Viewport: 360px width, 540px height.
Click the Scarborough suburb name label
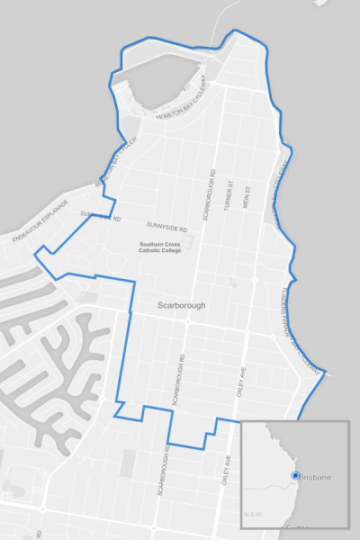coord(181,305)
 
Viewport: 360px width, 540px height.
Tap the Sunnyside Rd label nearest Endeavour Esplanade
coord(100,216)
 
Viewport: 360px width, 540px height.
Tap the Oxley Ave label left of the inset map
coord(226,471)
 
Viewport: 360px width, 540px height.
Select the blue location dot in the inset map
coord(293,475)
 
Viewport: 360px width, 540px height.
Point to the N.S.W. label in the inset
coord(254,515)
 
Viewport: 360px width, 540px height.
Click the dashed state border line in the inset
coord(265,487)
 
